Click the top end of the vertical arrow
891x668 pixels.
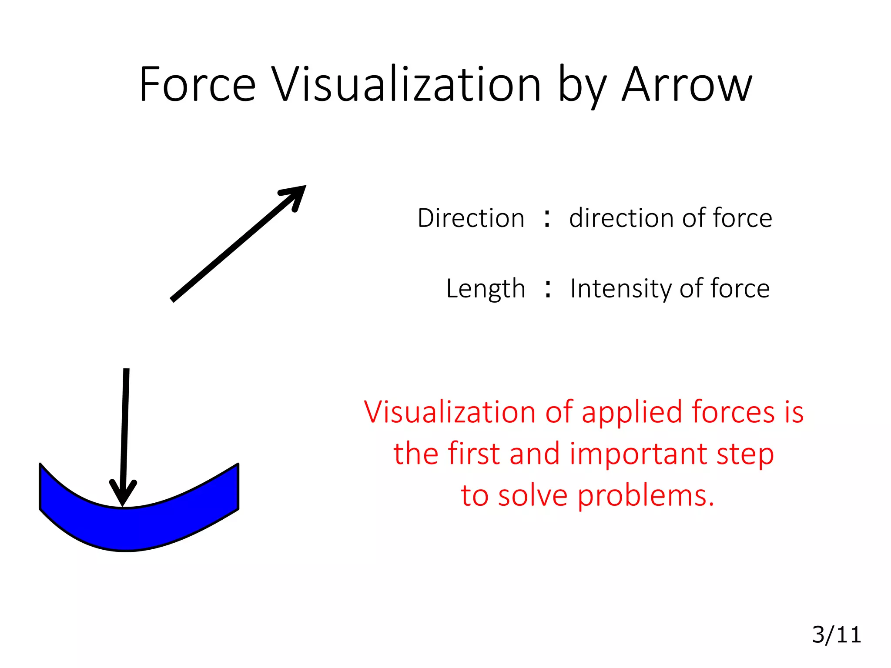tap(126, 371)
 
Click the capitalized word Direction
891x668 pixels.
tap(471, 218)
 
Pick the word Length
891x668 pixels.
tap(486, 289)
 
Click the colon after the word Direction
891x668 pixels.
tap(547, 219)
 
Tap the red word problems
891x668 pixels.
tap(646, 496)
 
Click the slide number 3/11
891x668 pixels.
tap(836, 635)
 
